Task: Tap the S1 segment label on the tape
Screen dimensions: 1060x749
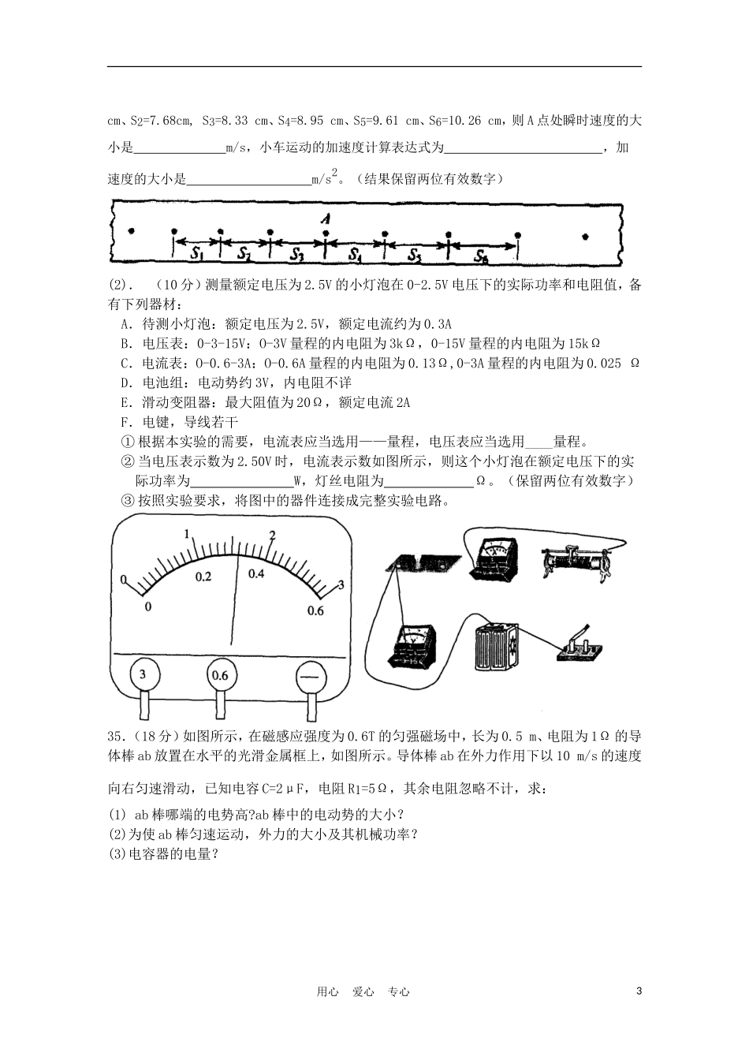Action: (197, 254)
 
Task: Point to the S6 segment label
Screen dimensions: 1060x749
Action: (481, 256)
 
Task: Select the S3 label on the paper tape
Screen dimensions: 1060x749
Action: (296, 254)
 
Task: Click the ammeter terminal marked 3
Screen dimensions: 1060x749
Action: (143, 674)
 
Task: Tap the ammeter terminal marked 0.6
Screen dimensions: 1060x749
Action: (220, 675)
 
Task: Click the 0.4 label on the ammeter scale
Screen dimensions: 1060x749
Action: (256, 574)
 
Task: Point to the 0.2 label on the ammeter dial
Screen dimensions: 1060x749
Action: (203, 577)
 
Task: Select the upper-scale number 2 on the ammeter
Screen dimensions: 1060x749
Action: (272, 536)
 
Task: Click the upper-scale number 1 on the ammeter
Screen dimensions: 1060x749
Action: (188, 535)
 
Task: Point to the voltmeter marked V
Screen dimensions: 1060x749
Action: (412, 644)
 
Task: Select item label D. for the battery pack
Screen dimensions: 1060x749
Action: (126, 383)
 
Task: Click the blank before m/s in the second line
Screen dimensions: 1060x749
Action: (179, 147)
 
